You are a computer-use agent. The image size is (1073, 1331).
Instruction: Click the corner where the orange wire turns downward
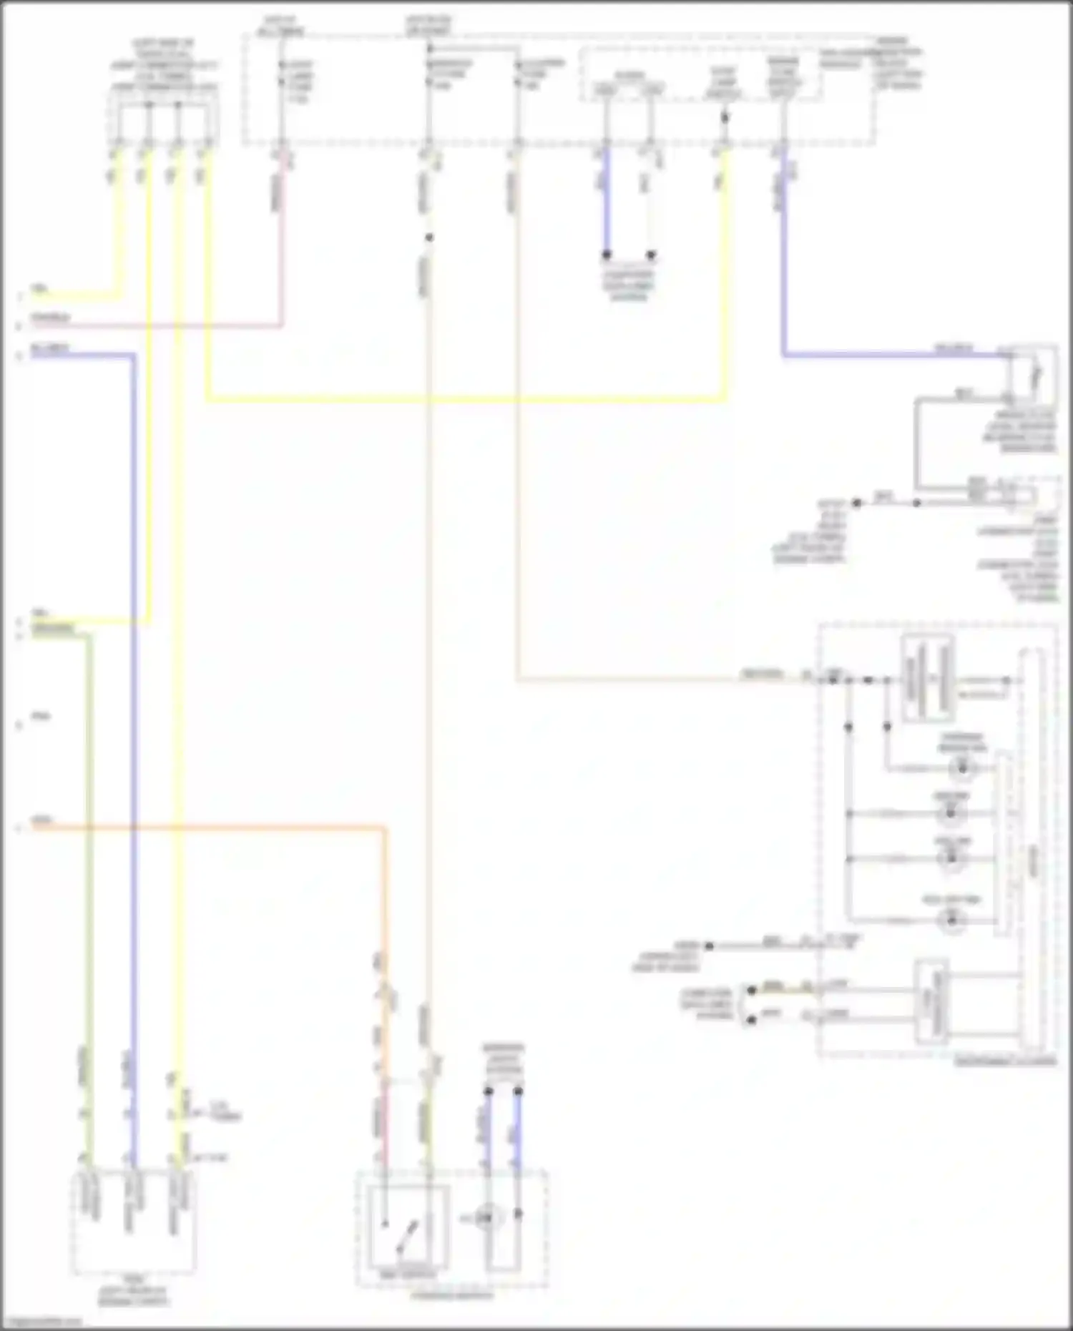(x=385, y=829)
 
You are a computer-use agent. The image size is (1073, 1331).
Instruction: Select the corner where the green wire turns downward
(x=89, y=634)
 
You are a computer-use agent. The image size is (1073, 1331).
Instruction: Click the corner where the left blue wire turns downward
(x=133, y=355)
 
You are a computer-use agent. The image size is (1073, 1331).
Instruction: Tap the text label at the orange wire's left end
(x=42, y=820)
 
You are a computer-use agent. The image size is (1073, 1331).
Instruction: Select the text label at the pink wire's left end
(x=51, y=317)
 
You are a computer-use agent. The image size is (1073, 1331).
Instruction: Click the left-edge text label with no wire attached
(x=41, y=716)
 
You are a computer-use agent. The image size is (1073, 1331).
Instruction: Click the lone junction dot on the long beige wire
(x=428, y=238)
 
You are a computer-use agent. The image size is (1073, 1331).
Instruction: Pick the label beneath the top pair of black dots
(x=628, y=285)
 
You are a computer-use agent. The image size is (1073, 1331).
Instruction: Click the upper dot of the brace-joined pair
(x=751, y=991)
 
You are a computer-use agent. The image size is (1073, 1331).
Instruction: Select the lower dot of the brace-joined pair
(x=751, y=1019)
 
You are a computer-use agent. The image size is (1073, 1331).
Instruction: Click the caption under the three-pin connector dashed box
(x=134, y=1295)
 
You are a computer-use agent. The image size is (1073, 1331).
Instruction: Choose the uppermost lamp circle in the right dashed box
(x=963, y=768)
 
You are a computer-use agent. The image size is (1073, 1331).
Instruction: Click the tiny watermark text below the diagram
(x=41, y=1322)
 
